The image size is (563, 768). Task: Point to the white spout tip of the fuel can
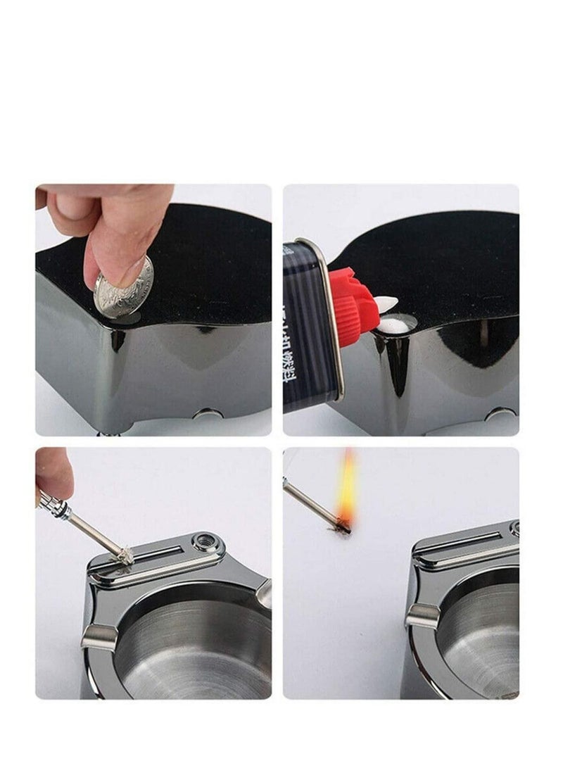pyautogui.click(x=386, y=303)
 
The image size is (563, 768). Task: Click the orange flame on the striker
pyautogui.click(x=346, y=486)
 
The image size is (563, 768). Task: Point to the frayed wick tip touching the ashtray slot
pyautogui.click(x=125, y=558)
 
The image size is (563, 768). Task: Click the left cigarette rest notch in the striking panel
pyautogui.click(x=99, y=637)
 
